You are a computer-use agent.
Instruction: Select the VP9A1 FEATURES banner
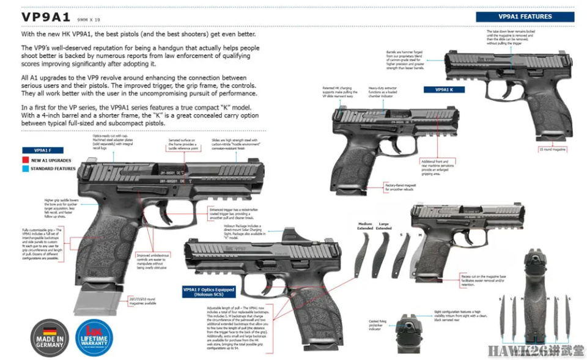[x=525, y=17]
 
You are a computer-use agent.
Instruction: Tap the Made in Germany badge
[x=50, y=337]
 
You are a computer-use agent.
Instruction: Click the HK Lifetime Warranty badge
[x=93, y=337]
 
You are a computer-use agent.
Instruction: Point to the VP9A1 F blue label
[x=42, y=150]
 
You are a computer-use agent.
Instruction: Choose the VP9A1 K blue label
[x=444, y=89]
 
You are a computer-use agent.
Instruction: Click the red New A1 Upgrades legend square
[x=25, y=160]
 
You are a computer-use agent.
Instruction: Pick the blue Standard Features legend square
[x=25, y=168]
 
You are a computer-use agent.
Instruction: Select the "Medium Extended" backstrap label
[x=365, y=227]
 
